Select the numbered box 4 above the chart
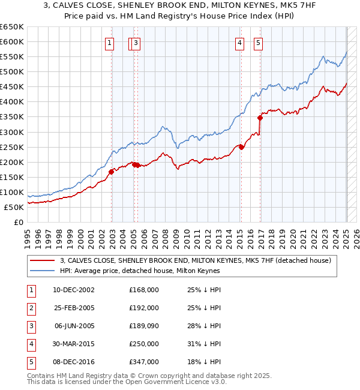pos(239,43)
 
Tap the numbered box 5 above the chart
pos(258,43)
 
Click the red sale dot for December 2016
pos(260,118)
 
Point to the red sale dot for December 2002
pos(112,172)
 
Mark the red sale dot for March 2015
pos(241,147)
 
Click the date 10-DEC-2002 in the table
pos(70,290)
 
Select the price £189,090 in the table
pos(144,326)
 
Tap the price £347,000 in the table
pos(144,362)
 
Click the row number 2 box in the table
pos(30,308)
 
